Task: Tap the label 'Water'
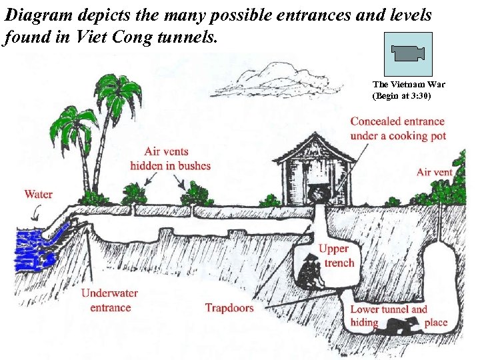[39, 195]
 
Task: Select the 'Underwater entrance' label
[110, 301]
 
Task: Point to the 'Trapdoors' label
[229, 308]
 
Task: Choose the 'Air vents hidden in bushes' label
[170, 159]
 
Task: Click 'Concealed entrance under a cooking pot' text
[397, 128]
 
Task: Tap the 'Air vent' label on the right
[434, 172]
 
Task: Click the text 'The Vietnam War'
[409, 85]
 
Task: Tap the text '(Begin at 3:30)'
[402, 96]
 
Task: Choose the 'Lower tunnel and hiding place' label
[397, 316]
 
